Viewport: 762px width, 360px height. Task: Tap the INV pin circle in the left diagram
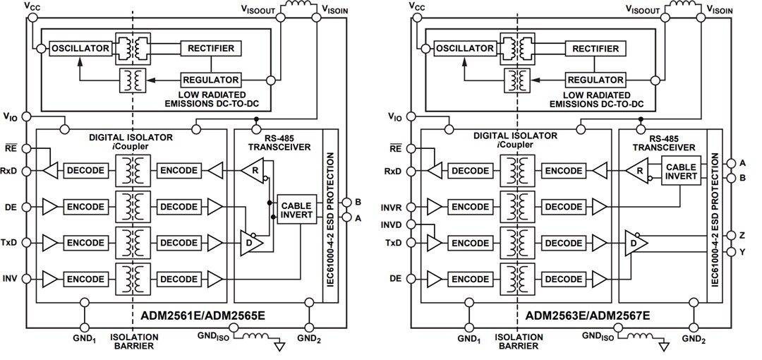25,279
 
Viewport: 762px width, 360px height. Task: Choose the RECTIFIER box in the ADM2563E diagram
595,48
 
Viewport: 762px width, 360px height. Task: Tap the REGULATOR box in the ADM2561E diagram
211,79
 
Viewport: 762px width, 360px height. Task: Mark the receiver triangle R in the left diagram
253,170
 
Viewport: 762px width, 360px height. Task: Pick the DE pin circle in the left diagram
25,207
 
